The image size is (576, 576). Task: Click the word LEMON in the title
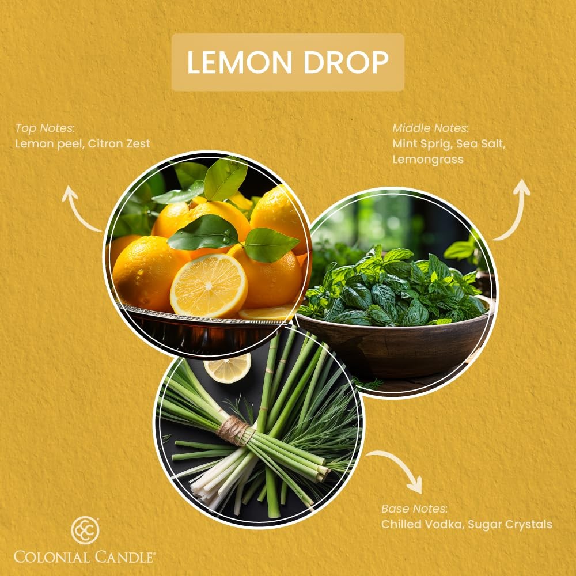(x=240, y=62)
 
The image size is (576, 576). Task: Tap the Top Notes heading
(x=45, y=128)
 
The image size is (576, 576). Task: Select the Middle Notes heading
(x=430, y=128)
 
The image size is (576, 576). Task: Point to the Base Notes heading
(x=414, y=509)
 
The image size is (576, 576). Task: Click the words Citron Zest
(x=119, y=143)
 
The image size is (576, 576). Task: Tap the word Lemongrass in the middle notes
(x=428, y=160)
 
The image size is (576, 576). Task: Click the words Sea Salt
(x=480, y=144)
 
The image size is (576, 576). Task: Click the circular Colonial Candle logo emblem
(x=85, y=530)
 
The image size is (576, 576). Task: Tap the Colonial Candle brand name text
(x=85, y=557)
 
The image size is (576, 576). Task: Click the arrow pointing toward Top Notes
(x=78, y=211)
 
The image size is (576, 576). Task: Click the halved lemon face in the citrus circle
(x=209, y=286)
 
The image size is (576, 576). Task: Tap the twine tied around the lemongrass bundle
(x=235, y=430)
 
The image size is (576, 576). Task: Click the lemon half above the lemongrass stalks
(x=228, y=367)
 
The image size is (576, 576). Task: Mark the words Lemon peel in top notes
(x=49, y=144)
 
